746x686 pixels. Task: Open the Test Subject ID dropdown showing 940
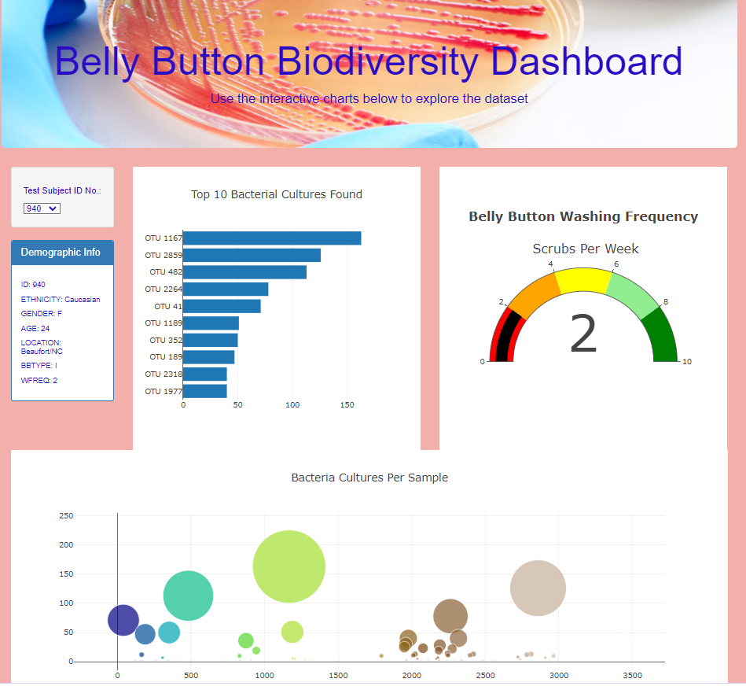tap(42, 208)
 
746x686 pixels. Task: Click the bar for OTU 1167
tap(271, 238)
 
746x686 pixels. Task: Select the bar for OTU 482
tap(244, 272)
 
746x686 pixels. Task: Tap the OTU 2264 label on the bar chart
tap(164, 290)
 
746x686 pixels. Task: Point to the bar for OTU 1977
tap(204, 391)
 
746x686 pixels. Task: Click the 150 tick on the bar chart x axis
tap(347, 405)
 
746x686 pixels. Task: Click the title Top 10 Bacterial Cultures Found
tap(277, 194)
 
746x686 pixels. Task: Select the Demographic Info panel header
tap(61, 253)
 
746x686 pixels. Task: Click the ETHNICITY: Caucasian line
tap(61, 299)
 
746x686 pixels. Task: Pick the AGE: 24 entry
tap(35, 328)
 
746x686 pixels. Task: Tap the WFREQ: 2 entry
tap(39, 380)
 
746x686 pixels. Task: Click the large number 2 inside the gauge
tap(583, 334)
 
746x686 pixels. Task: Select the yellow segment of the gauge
tap(584, 280)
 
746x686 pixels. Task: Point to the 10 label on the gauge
tap(687, 362)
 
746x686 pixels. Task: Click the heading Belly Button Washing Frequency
tap(583, 216)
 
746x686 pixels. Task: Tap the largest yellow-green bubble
tap(289, 566)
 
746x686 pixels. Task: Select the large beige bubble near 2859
tap(538, 588)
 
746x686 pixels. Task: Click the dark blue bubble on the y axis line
tap(123, 620)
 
